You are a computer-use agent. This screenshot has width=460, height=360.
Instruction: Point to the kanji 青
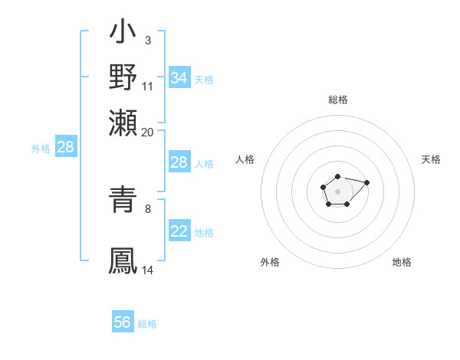point(123,201)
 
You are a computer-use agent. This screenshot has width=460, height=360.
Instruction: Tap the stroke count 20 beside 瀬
point(148,132)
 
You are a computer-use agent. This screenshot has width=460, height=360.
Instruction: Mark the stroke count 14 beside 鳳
point(148,270)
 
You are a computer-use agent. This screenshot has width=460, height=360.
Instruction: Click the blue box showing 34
point(179,78)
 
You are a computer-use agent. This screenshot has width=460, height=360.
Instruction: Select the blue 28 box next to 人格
point(179,162)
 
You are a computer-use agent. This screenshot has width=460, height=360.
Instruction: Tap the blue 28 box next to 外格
point(66,148)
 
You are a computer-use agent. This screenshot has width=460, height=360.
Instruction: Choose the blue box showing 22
point(179,231)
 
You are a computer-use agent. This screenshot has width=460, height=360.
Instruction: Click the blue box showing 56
point(123,322)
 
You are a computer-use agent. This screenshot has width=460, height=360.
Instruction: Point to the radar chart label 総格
point(337,100)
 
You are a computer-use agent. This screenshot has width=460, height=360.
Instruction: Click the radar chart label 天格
point(431,159)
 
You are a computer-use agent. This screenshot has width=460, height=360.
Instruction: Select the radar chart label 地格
point(402,263)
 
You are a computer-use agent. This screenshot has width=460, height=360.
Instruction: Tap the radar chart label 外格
point(270,263)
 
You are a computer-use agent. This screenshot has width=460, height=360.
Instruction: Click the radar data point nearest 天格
point(367,182)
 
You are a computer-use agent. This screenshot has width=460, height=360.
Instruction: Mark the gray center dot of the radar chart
point(337,191)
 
